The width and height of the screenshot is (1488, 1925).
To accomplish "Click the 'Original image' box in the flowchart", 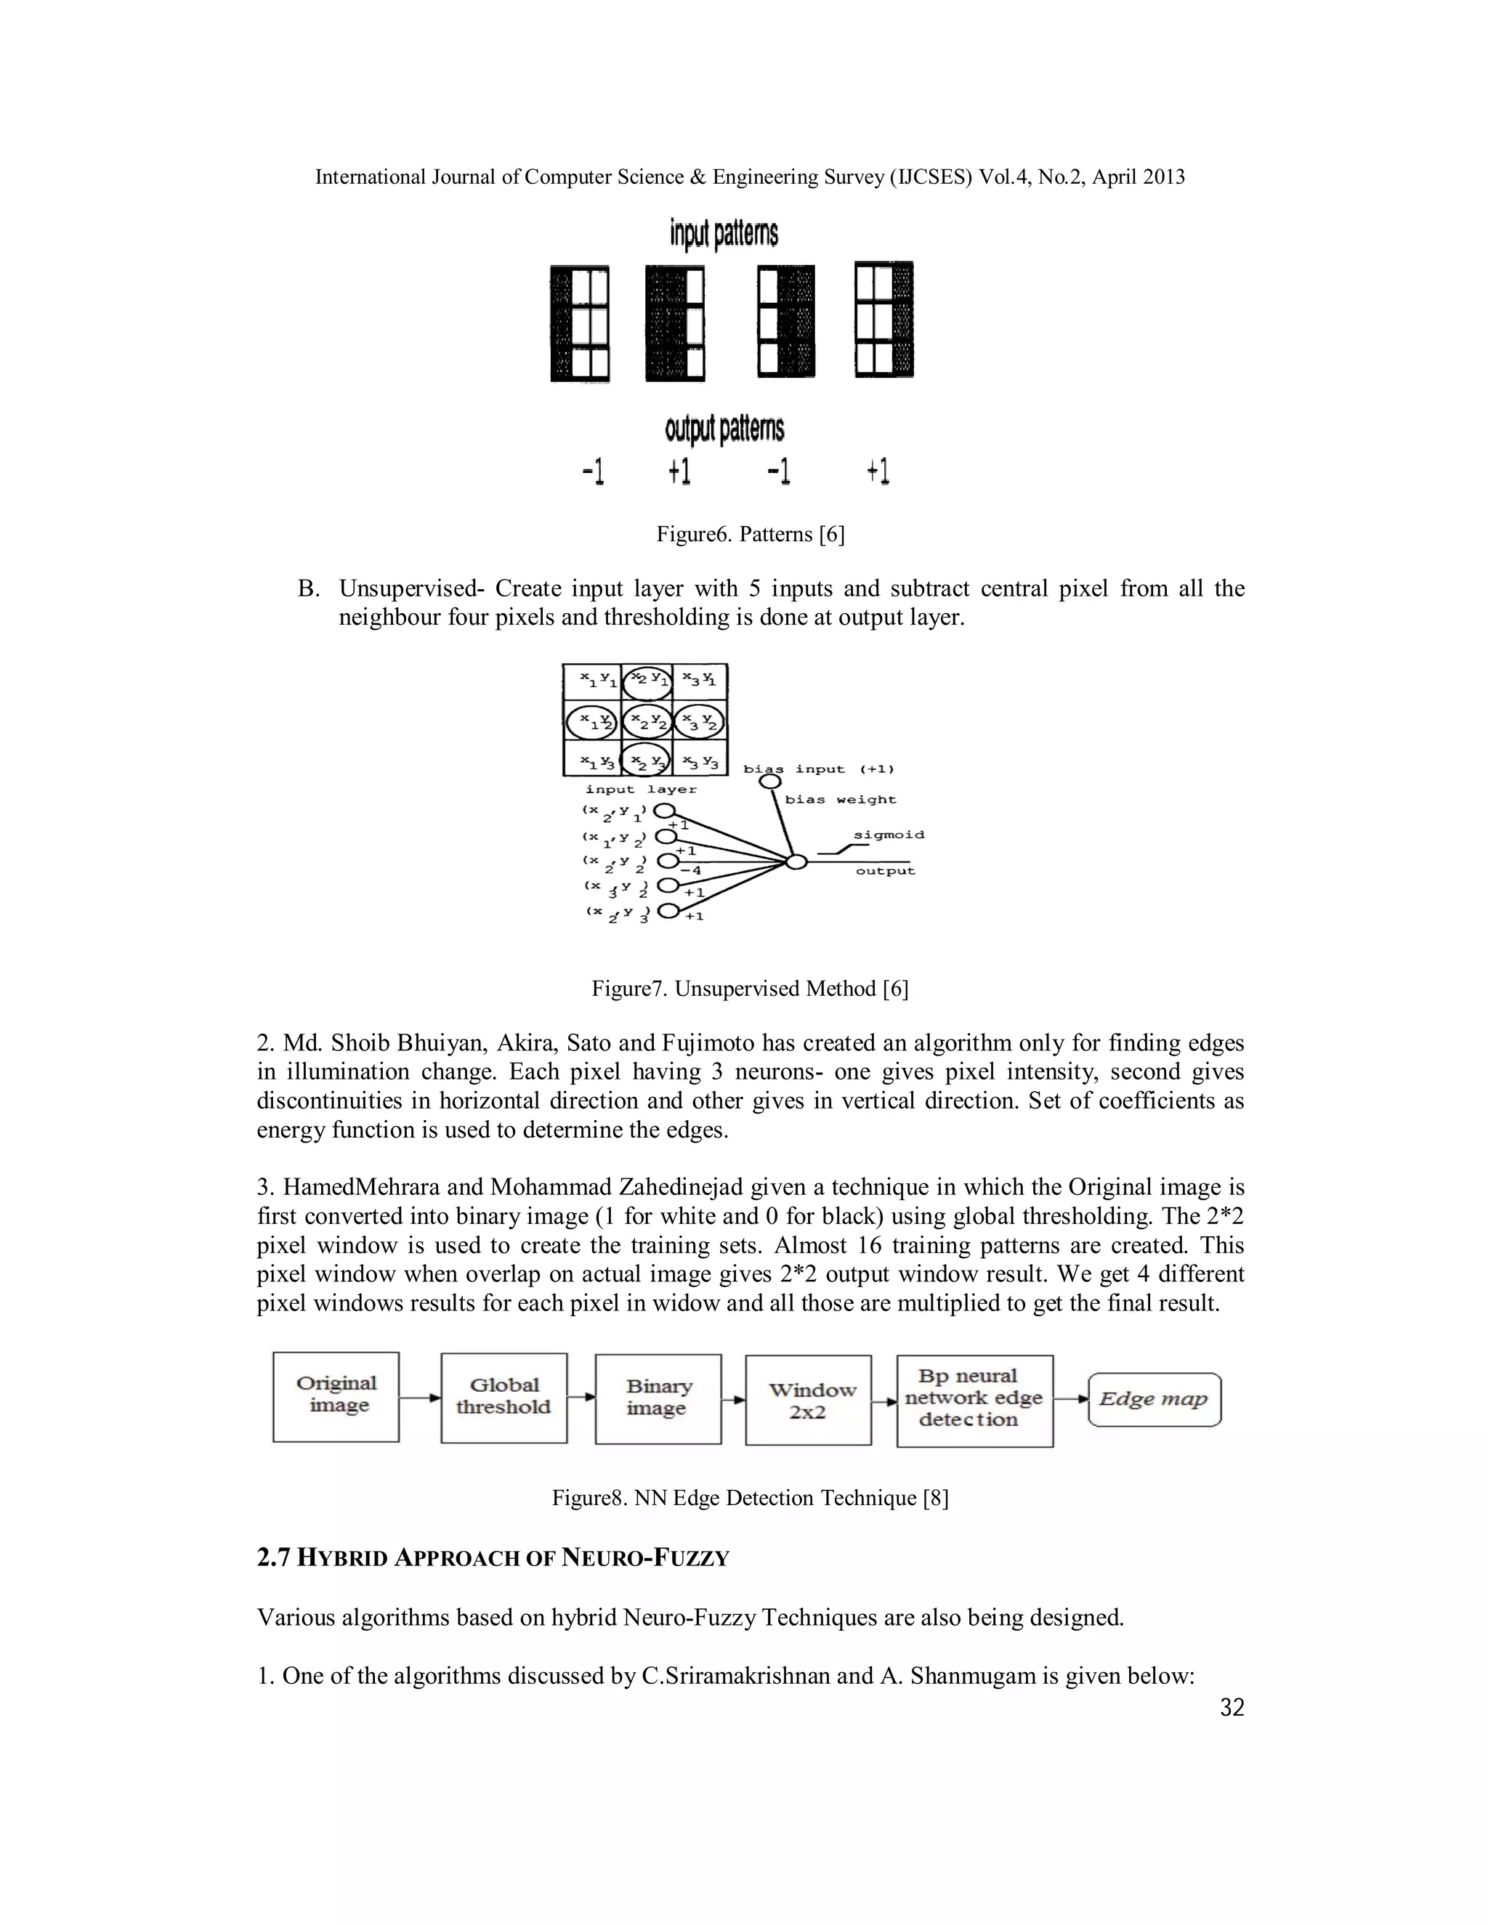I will pos(336,1397).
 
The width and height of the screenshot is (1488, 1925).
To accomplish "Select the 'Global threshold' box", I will pos(504,1398).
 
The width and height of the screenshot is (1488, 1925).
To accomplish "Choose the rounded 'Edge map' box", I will pos(1155,1400).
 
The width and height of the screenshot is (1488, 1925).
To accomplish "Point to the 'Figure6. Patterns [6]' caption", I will pos(750,534).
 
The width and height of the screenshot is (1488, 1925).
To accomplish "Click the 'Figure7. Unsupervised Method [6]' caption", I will pos(749,989).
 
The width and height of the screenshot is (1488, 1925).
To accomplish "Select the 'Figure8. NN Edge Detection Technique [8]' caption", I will pos(750,1498).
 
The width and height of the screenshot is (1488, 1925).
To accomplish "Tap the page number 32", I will pos(1232,1709).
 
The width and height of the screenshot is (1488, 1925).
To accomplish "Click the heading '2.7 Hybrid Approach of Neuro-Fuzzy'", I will pos(493,1558).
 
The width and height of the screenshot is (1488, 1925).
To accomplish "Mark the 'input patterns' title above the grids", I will pos(724,235).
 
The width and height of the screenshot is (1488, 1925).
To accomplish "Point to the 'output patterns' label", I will pos(724,429).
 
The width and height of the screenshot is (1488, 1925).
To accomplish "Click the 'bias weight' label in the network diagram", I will pos(840,800).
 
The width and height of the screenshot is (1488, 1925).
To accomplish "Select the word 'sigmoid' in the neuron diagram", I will pos(889,834).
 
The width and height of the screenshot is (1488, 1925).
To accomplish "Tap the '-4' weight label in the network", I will pos(690,871).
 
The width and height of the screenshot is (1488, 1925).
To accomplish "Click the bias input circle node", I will pos(769,781).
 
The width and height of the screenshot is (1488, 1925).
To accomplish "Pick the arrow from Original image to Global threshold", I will pos(420,1397).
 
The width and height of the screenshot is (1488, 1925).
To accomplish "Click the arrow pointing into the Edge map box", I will pos(1071,1399).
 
